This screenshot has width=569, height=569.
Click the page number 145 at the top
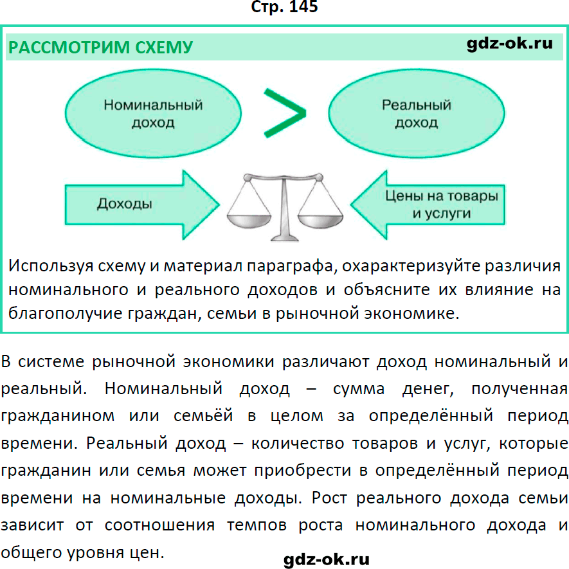click(303, 6)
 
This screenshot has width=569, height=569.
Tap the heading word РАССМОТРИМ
click(69, 48)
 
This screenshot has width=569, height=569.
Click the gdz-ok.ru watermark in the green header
click(509, 44)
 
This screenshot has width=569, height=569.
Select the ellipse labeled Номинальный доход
click(153, 114)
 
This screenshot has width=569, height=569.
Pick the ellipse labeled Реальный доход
click(417, 114)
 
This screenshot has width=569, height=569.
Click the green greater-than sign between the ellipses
click(284, 113)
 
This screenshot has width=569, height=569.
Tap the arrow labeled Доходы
click(142, 204)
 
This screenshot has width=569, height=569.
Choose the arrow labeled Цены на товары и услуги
click(428, 204)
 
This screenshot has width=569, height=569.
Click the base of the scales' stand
click(285, 238)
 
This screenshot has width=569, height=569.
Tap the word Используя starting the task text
click(51, 266)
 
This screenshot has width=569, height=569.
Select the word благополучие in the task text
click(66, 314)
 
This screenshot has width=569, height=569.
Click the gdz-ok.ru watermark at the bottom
click(326, 559)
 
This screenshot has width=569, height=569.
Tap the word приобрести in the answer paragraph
click(303, 471)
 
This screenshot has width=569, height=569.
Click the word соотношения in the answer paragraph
click(159, 525)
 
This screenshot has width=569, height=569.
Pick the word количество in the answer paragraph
click(298, 444)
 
